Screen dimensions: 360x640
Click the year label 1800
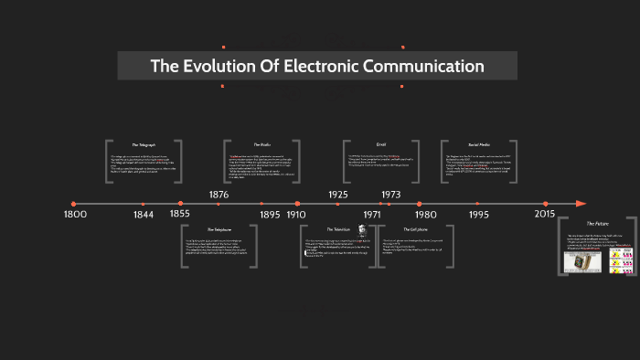coord(75,214)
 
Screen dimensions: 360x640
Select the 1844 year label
coord(144,215)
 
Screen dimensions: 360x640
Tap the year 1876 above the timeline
coord(219,195)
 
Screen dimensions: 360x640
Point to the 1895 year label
coord(270,215)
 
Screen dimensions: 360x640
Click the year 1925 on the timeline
coord(338,195)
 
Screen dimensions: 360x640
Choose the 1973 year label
coord(391,195)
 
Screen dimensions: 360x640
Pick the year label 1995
coord(479,215)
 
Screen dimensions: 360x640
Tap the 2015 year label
coord(546,213)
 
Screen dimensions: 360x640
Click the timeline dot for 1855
coord(180,204)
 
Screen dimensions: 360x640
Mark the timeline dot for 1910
coord(297,204)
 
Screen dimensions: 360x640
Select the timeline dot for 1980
coord(419,204)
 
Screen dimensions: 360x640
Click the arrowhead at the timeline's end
coord(581,204)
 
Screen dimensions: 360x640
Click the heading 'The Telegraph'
coord(144,144)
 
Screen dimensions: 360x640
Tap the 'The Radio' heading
coord(262,144)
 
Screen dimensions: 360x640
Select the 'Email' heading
coord(381,144)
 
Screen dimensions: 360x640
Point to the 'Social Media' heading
coord(480,144)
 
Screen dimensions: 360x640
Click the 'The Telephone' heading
coord(219,229)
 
